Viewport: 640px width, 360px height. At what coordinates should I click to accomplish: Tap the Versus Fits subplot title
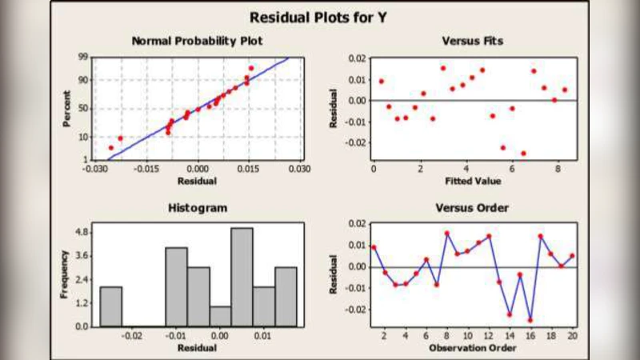click(472, 41)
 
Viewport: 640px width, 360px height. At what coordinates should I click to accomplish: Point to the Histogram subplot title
click(197, 208)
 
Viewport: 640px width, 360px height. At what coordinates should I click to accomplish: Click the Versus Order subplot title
click(472, 208)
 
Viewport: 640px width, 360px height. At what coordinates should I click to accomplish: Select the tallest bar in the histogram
click(242, 277)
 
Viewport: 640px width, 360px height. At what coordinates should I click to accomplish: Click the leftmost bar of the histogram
click(110, 306)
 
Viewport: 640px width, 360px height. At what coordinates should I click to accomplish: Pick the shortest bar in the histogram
click(220, 316)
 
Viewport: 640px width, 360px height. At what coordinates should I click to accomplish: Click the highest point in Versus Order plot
click(446, 234)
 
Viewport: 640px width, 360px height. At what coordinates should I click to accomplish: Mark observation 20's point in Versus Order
click(572, 256)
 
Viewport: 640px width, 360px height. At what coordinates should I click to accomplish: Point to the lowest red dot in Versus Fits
click(523, 153)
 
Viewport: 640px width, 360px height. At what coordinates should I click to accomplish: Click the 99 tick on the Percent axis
click(83, 58)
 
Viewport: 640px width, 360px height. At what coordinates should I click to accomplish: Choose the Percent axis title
click(67, 110)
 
